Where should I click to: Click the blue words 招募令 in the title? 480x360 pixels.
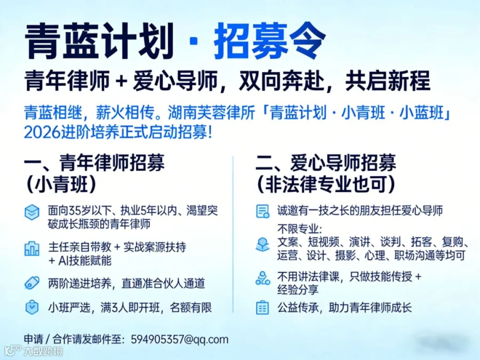[x=269, y=41]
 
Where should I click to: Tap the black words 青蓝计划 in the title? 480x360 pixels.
[x=100, y=41]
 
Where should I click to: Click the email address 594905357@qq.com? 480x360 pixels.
[x=180, y=340]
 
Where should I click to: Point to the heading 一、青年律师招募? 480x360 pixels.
[x=94, y=163]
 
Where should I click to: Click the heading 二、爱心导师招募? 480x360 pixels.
[x=326, y=163]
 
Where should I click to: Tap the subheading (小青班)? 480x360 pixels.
[x=61, y=185]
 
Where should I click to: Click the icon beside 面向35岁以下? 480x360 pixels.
[x=32, y=212]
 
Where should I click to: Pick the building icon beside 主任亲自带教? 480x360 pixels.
[x=32, y=249]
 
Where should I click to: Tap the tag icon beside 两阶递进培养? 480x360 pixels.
[x=32, y=283]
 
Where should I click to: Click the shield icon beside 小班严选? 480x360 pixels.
[x=32, y=308]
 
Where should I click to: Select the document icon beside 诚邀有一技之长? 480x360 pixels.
[x=262, y=211]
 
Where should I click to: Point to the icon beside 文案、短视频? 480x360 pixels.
[x=262, y=245]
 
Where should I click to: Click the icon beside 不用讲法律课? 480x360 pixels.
[x=262, y=278]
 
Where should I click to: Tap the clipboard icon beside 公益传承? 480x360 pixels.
[x=262, y=308]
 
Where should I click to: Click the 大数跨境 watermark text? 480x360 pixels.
[x=43, y=351]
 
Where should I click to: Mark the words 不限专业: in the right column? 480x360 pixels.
[x=300, y=229]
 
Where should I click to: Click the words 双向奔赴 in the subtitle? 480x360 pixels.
[x=281, y=81]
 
